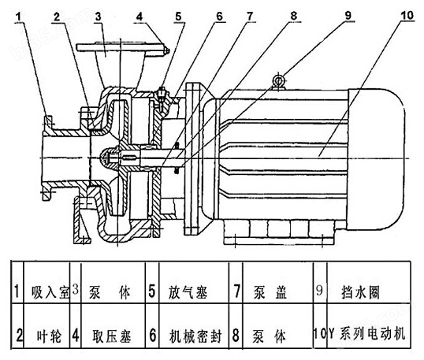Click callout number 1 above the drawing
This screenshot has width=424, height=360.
coord(18,17)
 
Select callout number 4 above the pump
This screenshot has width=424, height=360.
coord(139,17)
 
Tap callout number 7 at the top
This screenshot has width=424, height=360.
coord(249,16)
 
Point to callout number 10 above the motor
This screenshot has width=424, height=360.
coord(407,15)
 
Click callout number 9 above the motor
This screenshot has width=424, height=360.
coord(348,16)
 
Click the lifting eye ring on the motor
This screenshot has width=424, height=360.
coord(278,80)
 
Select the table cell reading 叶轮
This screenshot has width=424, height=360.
coord(49,336)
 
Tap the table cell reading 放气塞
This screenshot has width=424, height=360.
coord(188,292)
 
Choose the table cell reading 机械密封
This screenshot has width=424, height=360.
coord(195,336)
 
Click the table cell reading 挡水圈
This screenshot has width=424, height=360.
coord(360,292)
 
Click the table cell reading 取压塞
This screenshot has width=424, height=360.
coord(111,336)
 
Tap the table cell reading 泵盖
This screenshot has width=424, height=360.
coord(270,292)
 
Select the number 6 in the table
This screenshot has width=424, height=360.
coord(153,336)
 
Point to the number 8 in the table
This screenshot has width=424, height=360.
coord(236,336)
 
